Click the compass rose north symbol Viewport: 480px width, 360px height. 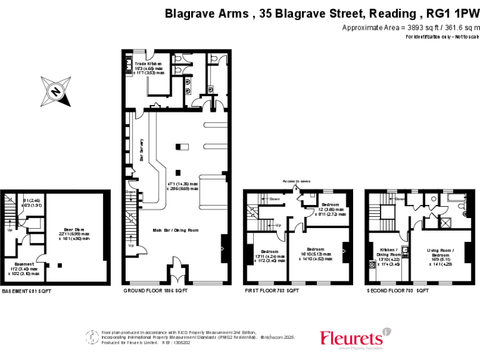[56, 91]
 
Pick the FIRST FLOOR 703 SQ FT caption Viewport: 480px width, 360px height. [271, 291]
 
